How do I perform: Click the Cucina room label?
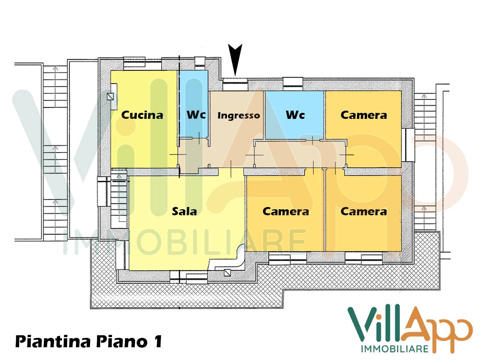[142, 115]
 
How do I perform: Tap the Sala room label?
[184, 211]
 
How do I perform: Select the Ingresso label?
[238, 115]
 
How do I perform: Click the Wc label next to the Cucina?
[196, 114]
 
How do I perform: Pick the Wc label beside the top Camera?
[295, 115]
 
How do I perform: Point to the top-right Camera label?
[363, 115]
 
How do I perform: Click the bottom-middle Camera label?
[286, 211]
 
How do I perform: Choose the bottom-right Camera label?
[363, 211]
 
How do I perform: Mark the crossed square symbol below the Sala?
[227, 273]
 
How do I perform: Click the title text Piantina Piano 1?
[88, 342]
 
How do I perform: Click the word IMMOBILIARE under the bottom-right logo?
[394, 349]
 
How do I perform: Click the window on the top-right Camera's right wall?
[409, 145]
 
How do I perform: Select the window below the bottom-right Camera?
[364, 257]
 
